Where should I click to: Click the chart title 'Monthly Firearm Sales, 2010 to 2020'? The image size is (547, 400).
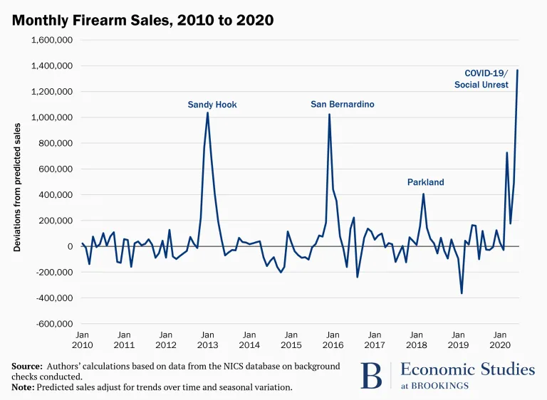click(142, 20)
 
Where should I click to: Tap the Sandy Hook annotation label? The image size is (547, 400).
click(212, 105)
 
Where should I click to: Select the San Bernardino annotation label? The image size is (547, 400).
click(343, 104)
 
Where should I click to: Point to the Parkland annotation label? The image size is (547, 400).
click(425, 182)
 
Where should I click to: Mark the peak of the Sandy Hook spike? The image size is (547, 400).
click(207, 112)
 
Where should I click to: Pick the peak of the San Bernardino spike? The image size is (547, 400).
click(329, 114)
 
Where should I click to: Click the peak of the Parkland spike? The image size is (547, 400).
click(423, 194)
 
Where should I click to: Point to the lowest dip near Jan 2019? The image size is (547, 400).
click(462, 293)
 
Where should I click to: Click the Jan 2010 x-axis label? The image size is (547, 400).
click(82, 339)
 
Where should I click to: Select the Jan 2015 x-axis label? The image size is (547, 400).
click(291, 339)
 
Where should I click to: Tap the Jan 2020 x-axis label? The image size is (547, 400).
click(500, 339)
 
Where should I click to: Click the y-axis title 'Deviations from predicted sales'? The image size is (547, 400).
click(18, 186)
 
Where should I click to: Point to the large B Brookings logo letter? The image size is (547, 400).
click(370, 376)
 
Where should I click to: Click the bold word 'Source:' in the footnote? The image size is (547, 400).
click(26, 366)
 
